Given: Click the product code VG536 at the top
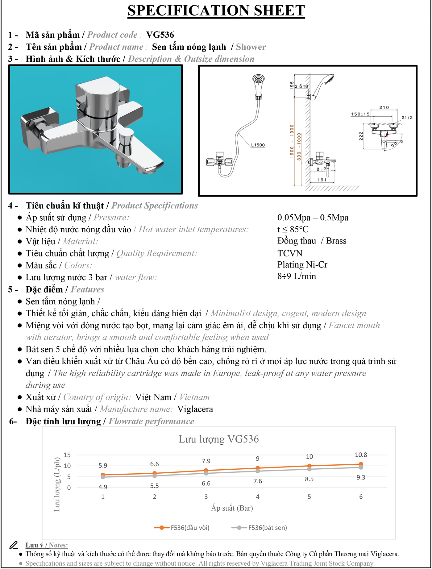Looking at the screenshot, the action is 160,35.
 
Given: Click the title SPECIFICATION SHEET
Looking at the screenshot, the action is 216,11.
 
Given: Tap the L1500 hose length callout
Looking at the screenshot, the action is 258,145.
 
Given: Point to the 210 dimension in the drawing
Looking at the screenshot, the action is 384,107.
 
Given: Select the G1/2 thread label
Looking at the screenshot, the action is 407,118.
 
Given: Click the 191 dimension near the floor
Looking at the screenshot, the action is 322,180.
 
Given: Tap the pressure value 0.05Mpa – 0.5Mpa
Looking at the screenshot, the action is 313,218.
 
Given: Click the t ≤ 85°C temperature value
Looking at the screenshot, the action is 293,229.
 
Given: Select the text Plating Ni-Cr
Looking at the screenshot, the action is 302,265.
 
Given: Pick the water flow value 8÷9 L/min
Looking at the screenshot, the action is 297,276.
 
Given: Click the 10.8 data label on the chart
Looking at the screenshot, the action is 361,455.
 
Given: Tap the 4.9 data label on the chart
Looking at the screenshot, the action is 103,487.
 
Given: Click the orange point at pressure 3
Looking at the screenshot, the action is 206,471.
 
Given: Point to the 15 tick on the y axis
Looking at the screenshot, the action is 67,455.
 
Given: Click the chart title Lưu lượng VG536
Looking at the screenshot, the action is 218,439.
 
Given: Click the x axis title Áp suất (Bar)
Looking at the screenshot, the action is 232,508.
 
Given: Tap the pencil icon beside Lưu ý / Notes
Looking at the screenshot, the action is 13,545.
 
